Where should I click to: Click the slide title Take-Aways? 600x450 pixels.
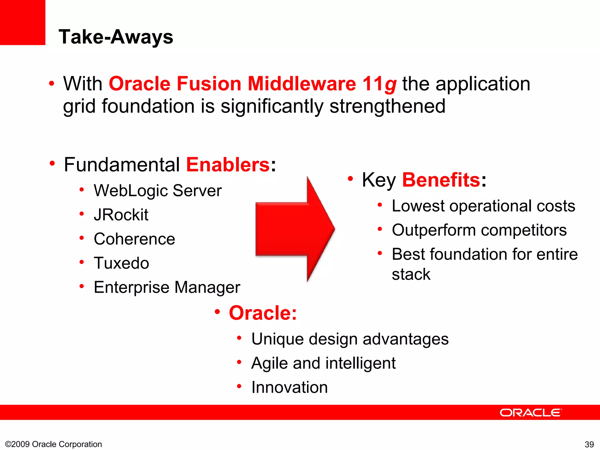[116, 37]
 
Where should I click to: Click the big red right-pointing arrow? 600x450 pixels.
[294, 229]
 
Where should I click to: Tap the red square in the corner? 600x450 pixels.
[23, 22]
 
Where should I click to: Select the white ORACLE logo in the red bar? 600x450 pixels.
[531, 412]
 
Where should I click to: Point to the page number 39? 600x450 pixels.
[589, 444]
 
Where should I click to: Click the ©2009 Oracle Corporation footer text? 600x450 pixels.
[54, 444]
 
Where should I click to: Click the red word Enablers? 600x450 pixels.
[228, 165]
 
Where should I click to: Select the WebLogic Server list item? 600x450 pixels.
[158, 191]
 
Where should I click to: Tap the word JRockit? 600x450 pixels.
[121, 215]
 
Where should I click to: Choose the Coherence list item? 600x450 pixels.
[134, 239]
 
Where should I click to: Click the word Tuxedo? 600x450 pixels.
[121, 263]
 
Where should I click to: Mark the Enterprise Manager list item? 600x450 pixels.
[167, 287]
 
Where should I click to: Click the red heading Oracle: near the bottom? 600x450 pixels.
[262, 313]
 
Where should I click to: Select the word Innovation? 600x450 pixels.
[289, 387]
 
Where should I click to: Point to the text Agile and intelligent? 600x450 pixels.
[323, 363]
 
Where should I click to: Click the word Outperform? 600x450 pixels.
[434, 230]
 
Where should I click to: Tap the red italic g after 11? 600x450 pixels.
[391, 84]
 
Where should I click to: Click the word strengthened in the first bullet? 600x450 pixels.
[387, 106]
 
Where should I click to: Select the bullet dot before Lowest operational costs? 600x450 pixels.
[380, 205]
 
